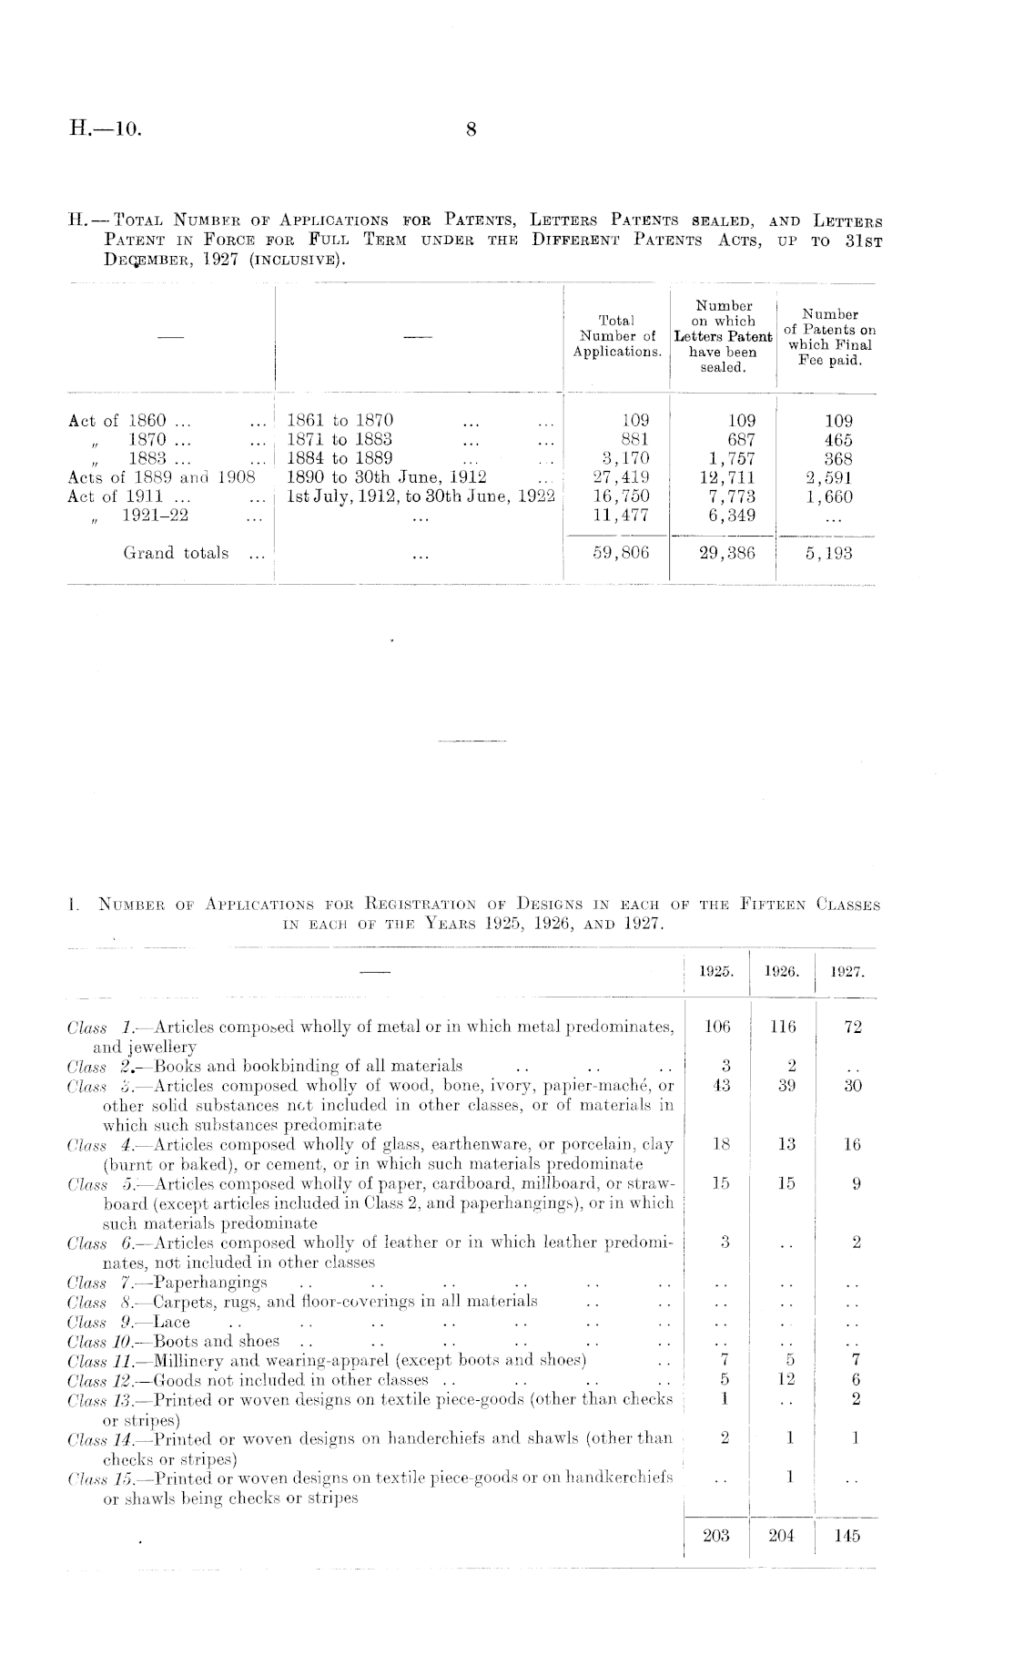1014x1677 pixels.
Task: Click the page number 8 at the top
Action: pyautogui.click(x=471, y=130)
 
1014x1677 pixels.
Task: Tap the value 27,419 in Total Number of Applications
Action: pyautogui.click(x=621, y=477)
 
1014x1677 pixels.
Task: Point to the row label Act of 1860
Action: pyautogui.click(x=117, y=421)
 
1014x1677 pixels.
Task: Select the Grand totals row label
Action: pyautogui.click(x=176, y=553)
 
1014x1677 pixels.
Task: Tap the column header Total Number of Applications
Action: pyautogui.click(x=617, y=336)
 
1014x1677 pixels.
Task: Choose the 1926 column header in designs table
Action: pyautogui.click(x=783, y=973)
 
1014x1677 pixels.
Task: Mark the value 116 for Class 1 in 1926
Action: pyautogui.click(x=783, y=1028)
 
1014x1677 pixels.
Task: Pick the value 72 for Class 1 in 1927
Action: pyautogui.click(x=853, y=1028)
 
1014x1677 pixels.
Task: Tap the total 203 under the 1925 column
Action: pyautogui.click(x=716, y=1536)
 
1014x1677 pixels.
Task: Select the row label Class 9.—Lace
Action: pyautogui.click(x=129, y=1322)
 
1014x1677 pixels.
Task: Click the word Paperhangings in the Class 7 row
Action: pyautogui.click(x=211, y=1283)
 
